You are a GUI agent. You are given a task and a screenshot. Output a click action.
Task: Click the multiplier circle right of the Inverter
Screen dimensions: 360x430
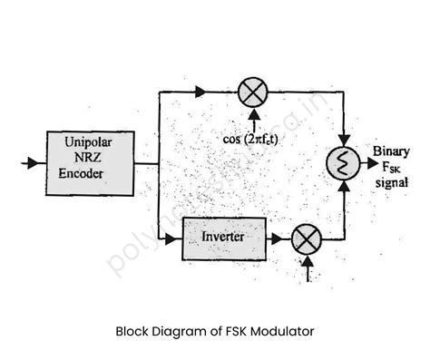pyautogui.click(x=306, y=239)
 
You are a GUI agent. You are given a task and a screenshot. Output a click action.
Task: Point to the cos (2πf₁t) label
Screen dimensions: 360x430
pyautogui.click(x=252, y=138)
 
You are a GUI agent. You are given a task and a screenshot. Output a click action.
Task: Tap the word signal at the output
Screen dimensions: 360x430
pyautogui.click(x=391, y=181)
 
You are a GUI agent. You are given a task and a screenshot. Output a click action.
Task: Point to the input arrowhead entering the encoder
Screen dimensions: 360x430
pyautogui.click(x=35, y=163)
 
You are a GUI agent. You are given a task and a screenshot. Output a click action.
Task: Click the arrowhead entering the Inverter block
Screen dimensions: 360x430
pyautogui.click(x=177, y=238)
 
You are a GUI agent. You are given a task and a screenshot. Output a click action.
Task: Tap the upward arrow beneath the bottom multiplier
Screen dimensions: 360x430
pyautogui.click(x=307, y=266)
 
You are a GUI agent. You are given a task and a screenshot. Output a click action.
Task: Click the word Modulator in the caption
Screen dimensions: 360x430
pyautogui.click(x=280, y=331)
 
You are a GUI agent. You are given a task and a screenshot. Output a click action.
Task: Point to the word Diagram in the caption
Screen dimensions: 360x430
pyautogui.click(x=178, y=331)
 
